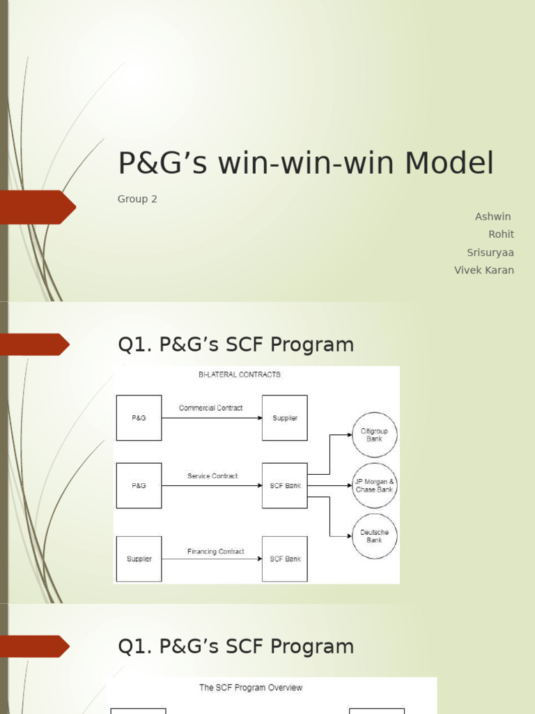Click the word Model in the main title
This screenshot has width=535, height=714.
pyautogui.click(x=449, y=164)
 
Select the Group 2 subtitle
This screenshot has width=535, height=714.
pyautogui.click(x=137, y=199)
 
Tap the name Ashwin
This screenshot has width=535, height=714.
pyautogui.click(x=493, y=217)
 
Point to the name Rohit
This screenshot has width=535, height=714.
pyautogui.click(x=501, y=234)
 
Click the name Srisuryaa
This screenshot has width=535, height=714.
pyautogui.click(x=490, y=252)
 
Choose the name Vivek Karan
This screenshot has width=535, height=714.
pyautogui.click(x=484, y=271)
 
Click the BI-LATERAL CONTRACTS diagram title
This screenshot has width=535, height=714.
pyautogui.click(x=240, y=374)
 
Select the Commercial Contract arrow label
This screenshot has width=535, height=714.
pyautogui.click(x=211, y=408)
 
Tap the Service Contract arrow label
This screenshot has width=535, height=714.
pyautogui.click(x=212, y=476)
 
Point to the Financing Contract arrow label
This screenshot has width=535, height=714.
pyautogui.click(x=215, y=552)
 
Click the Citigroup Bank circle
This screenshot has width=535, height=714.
pyautogui.click(x=375, y=435)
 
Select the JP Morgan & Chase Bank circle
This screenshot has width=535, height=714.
pyautogui.click(x=375, y=485)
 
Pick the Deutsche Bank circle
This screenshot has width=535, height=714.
pyautogui.click(x=375, y=536)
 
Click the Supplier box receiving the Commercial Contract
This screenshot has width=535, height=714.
pyautogui.click(x=285, y=418)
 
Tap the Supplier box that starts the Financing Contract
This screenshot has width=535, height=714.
pyautogui.click(x=139, y=559)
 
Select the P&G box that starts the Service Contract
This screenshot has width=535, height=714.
pyautogui.click(x=139, y=485)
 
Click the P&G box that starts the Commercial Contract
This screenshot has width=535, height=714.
pyautogui.click(x=139, y=418)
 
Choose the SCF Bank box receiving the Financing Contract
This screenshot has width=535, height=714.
pyautogui.click(x=285, y=559)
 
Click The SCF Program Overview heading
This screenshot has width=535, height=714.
pyautogui.click(x=251, y=688)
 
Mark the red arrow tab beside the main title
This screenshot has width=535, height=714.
pyautogui.click(x=38, y=207)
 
